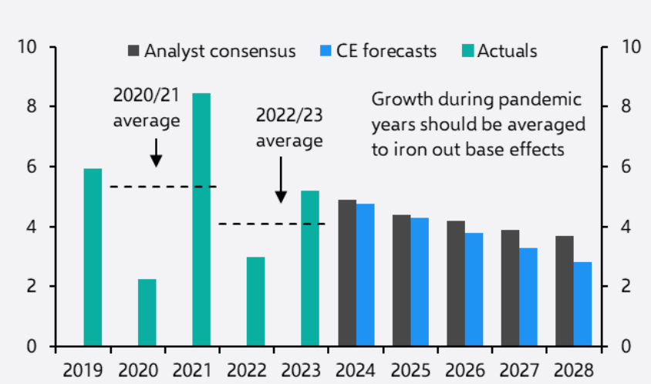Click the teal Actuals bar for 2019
93,257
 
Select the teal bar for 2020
147,312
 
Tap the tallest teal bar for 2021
201,219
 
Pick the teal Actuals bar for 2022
255,301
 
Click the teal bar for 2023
309,268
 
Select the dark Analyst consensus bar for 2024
347,273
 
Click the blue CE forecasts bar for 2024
366,275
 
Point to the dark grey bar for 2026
455,283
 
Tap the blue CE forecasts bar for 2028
582,304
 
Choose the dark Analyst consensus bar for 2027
510,288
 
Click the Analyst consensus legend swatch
133,52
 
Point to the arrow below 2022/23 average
281,179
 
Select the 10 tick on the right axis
629,47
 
